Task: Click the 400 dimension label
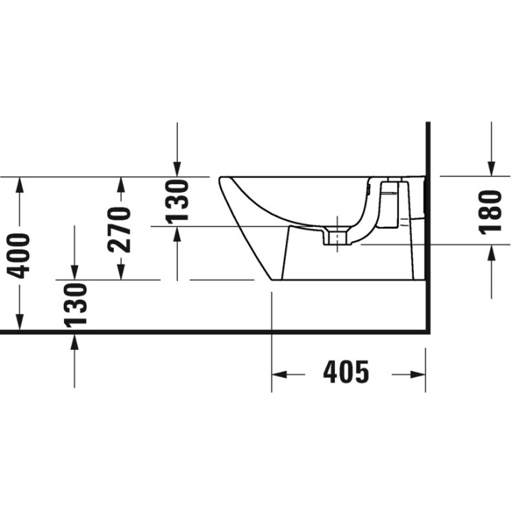[19, 256]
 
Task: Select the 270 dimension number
[119, 230]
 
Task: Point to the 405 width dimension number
[346, 372]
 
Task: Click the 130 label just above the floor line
[75, 305]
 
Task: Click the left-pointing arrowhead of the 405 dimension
[279, 375]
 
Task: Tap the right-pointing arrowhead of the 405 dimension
[417, 375]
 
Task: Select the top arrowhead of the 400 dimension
[20, 184]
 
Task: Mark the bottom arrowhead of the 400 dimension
[20, 321]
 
